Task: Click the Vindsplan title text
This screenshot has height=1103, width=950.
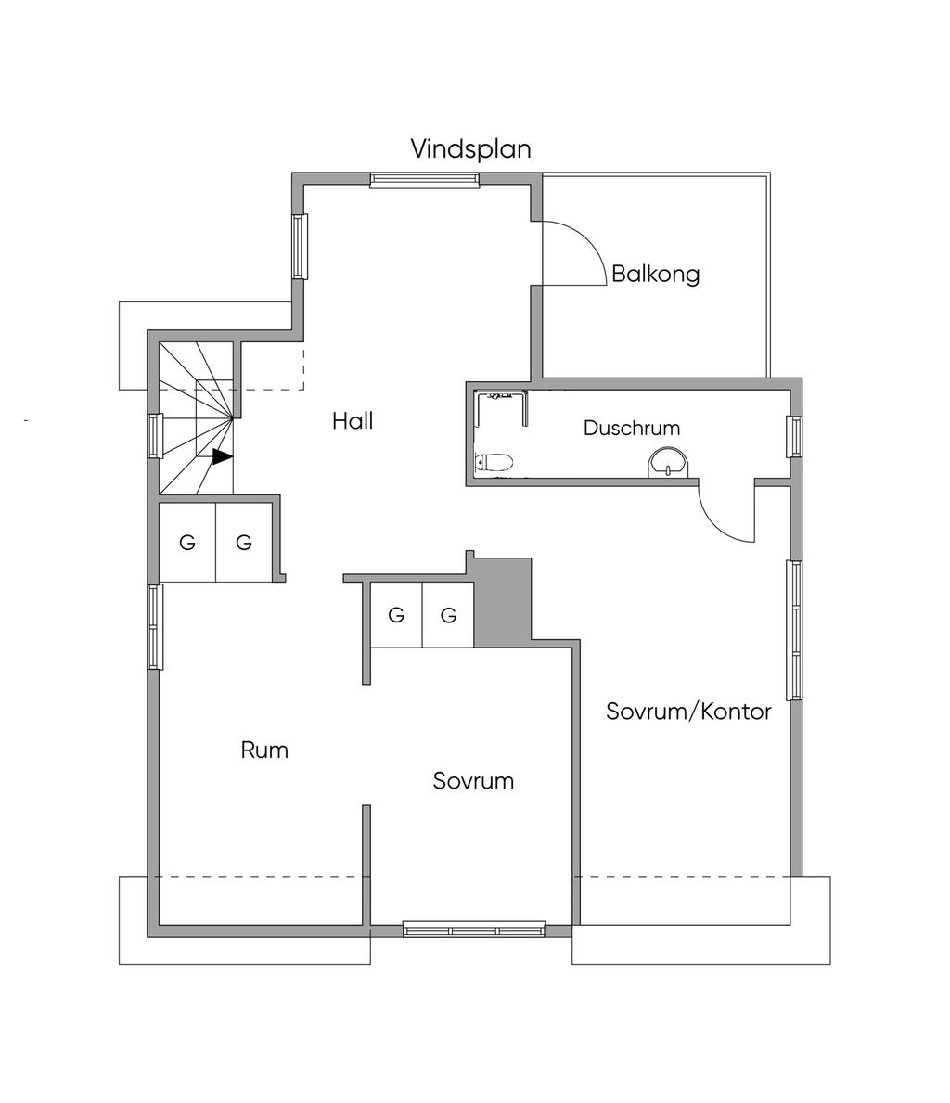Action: coord(470,149)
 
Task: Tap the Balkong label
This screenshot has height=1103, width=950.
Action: coord(655,274)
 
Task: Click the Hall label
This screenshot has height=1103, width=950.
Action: coord(353,420)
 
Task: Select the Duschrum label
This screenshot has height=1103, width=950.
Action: coord(632,428)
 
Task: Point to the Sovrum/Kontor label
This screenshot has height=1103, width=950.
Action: coord(688,712)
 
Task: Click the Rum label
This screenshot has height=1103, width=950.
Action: coord(264,750)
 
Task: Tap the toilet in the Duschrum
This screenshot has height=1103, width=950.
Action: coord(494,462)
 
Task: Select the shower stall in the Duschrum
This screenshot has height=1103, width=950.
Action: coord(502,409)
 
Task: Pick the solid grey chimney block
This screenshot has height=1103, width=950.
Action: coord(503,602)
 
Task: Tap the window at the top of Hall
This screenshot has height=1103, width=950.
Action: coord(425,181)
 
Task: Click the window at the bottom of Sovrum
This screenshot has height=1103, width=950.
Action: coord(474,930)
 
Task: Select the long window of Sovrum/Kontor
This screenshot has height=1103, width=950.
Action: coord(794,630)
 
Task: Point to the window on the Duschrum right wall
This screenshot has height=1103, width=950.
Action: coord(794,437)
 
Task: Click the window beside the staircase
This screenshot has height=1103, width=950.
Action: coord(155,436)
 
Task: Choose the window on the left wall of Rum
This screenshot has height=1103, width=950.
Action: coord(155,627)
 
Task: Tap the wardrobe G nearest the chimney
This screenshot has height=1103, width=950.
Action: coord(448,616)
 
